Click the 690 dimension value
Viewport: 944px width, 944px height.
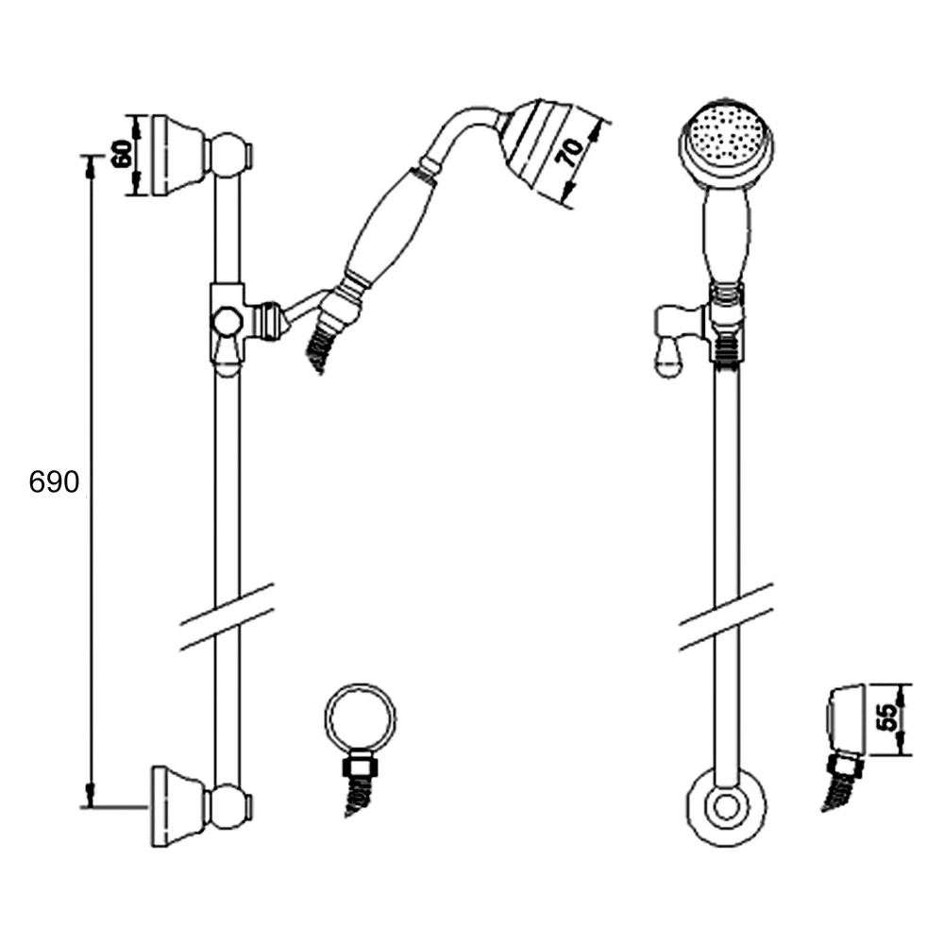[54, 482]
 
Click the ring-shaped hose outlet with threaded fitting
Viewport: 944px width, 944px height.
[361, 722]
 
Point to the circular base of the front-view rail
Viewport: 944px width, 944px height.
[725, 808]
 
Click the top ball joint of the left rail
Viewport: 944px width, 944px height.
[229, 155]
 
